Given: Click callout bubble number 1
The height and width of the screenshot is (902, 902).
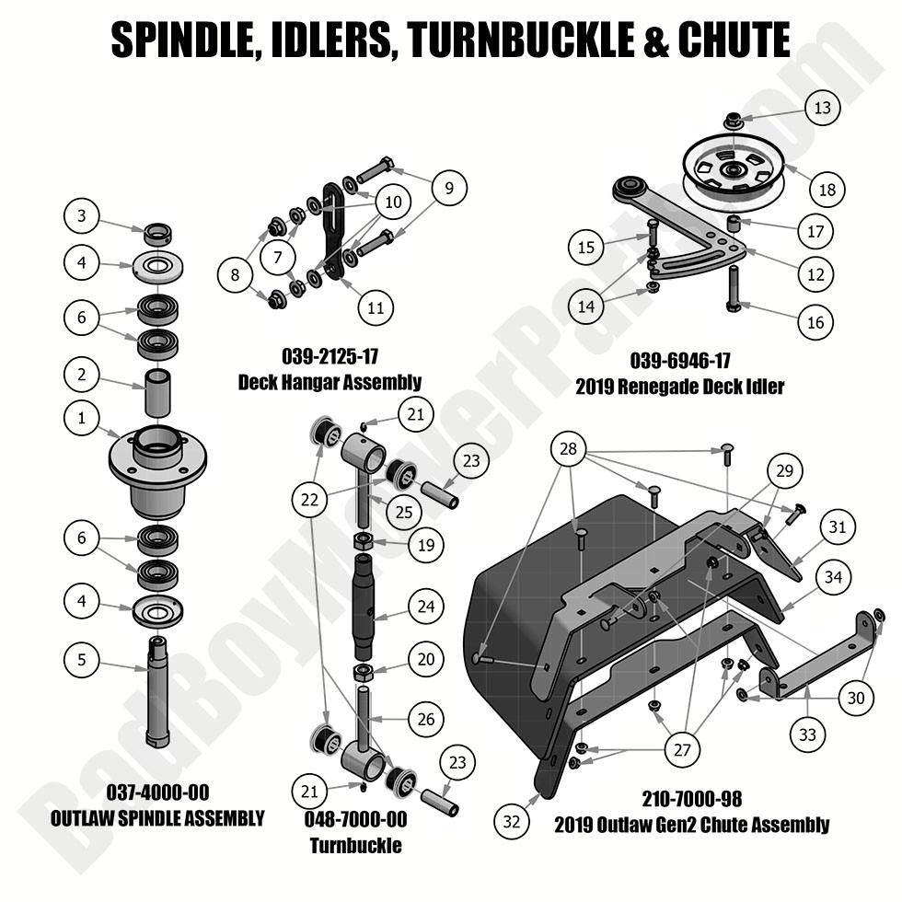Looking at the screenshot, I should pyautogui.click(x=82, y=419).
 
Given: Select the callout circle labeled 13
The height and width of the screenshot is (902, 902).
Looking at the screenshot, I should pyautogui.click(x=822, y=108).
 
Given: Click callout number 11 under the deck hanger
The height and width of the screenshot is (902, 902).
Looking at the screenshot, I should pyautogui.click(x=376, y=307).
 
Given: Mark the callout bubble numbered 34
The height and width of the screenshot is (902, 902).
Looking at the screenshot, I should pyautogui.click(x=833, y=577).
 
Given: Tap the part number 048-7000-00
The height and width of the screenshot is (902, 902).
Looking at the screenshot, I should pyautogui.click(x=354, y=819).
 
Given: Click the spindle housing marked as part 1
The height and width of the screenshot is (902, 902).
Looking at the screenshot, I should pyautogui.click(x=158, y=465).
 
